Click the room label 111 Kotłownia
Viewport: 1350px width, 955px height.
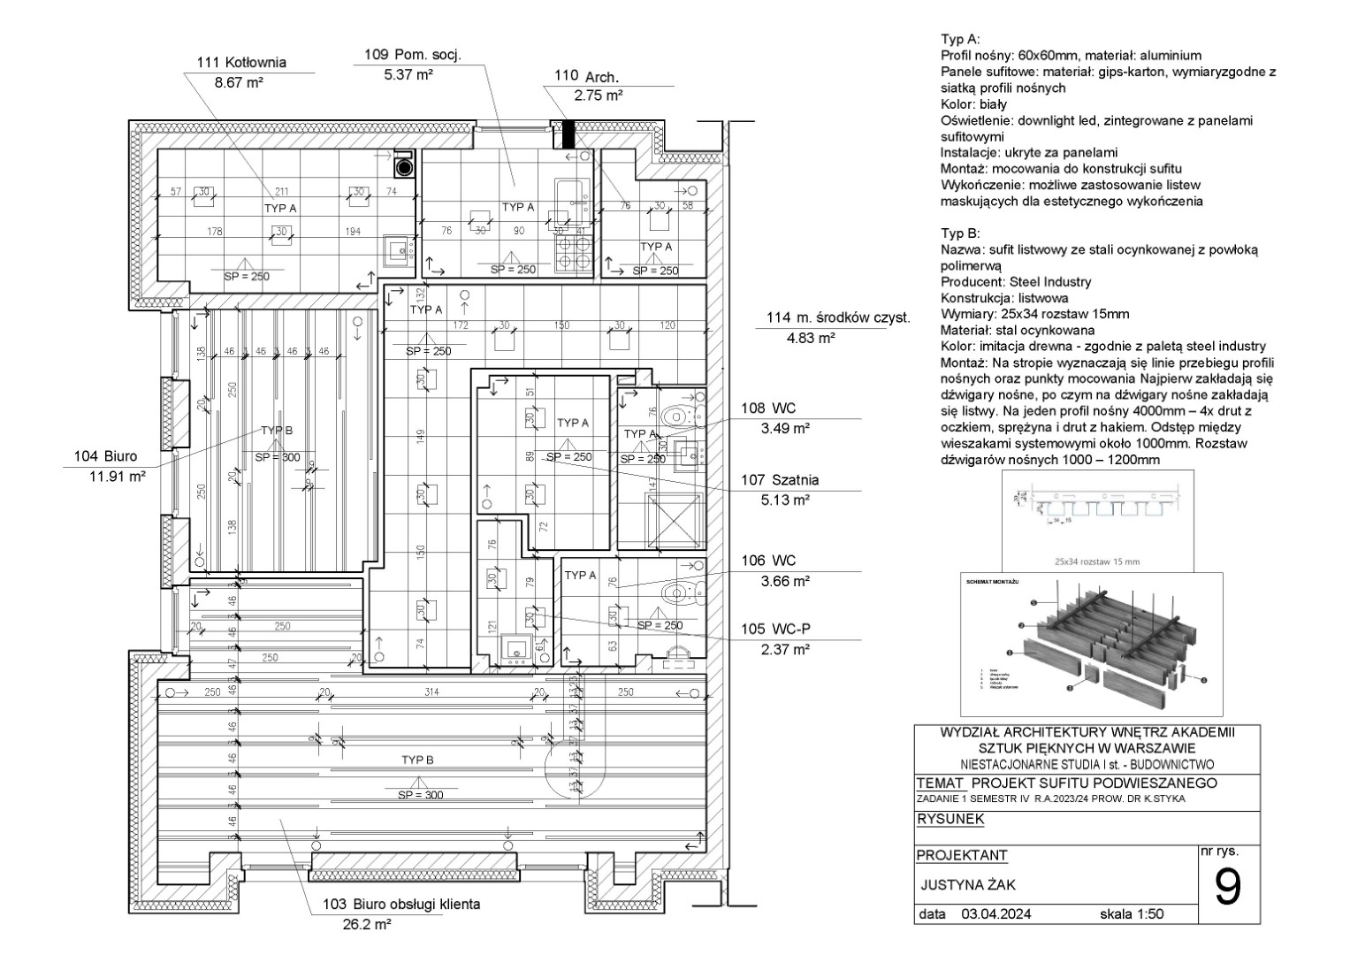(x=241, y=63)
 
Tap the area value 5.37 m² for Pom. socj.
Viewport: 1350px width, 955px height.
(x=408, y=75)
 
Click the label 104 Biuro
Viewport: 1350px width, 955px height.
(x=106, y=456)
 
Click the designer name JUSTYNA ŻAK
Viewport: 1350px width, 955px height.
(x=962, y=885)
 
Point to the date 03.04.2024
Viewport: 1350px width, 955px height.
(x=995, y=914)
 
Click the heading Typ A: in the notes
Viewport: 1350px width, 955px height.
(x=960, y=40)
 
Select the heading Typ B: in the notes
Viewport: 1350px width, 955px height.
(x=960, y=234)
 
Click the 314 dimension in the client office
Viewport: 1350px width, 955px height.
(x=431, y=691)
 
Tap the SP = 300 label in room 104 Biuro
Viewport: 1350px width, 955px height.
(x=277, y=458)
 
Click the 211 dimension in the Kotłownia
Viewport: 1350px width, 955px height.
(x=281, y=191)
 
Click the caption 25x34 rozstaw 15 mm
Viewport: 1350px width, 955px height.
(x=1096, y=562)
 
